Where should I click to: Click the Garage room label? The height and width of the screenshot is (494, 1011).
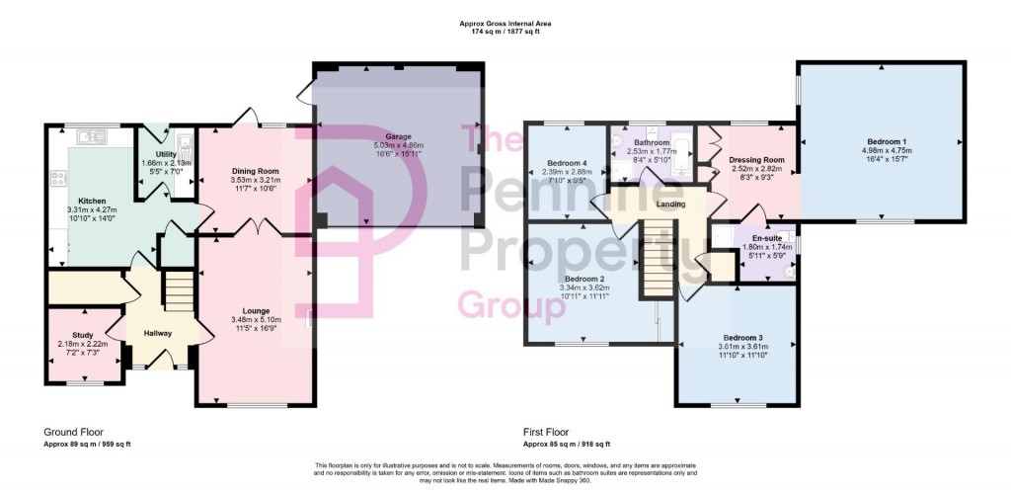398,136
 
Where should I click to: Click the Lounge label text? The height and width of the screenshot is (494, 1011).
256,310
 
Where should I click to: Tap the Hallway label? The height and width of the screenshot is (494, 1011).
159,333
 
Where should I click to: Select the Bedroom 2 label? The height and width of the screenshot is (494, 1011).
583,279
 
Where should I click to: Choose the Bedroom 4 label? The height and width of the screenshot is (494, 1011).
567,163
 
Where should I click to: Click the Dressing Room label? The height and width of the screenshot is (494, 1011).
756,159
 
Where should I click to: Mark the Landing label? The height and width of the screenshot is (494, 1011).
670,204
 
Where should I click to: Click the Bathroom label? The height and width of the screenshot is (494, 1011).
652,142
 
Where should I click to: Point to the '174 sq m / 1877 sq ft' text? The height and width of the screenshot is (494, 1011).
505,32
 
